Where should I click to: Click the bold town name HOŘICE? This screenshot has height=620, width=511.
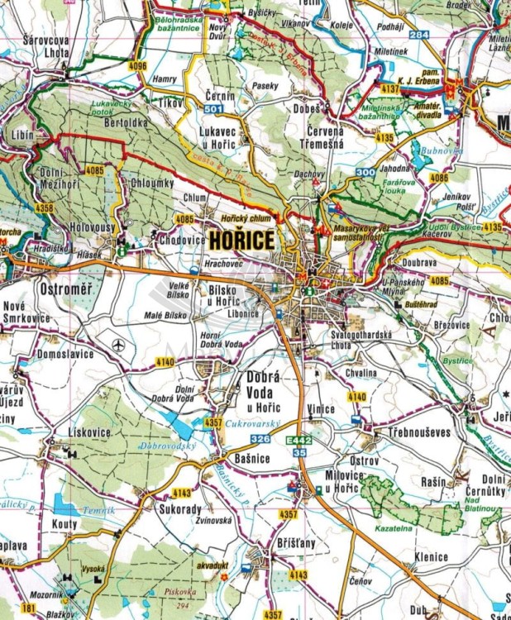click(x=241, y=241)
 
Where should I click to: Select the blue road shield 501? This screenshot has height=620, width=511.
click(x=213, y=109)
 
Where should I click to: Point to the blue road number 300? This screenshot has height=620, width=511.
click(x=365, y=171)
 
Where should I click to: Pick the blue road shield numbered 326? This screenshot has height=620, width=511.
click(x=260, y=437)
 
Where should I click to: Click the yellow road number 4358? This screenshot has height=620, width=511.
click(x=43, y=208)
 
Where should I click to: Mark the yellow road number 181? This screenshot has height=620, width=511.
click(x=29, y=608)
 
